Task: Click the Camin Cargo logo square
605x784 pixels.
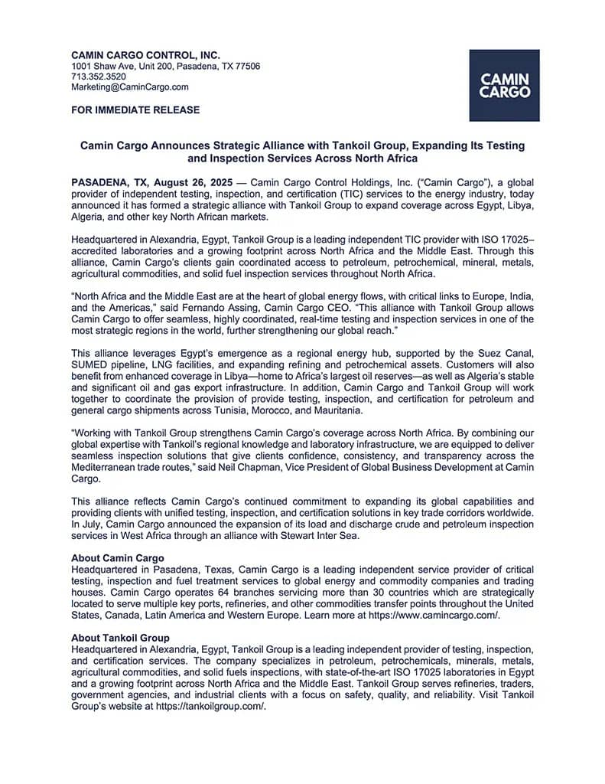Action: pyautogui.click(x=504, y=85)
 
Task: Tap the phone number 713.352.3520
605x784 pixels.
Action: pyautogui.click(x=99, y=77)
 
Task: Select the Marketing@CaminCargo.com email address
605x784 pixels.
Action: pyautogui.click(x=130, y=87)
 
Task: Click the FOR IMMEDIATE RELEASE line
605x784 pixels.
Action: pyautogui.click(x=135, y=109)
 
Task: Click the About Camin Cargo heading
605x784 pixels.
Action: pyautogui.click(x=117, y=558)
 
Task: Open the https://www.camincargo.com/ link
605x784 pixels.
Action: pyautogui.click(x=434, y=614)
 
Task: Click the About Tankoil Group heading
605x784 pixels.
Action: pyautogui.click(x=120, y=638)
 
